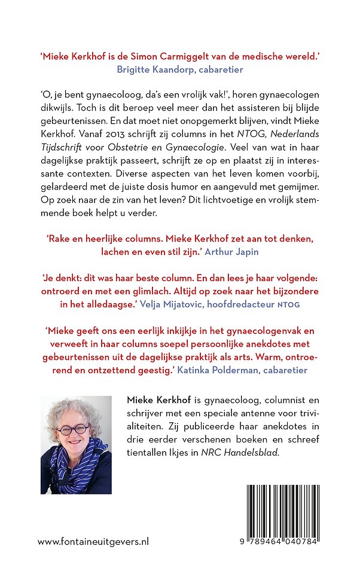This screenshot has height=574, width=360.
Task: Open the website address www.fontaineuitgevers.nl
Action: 93,541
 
